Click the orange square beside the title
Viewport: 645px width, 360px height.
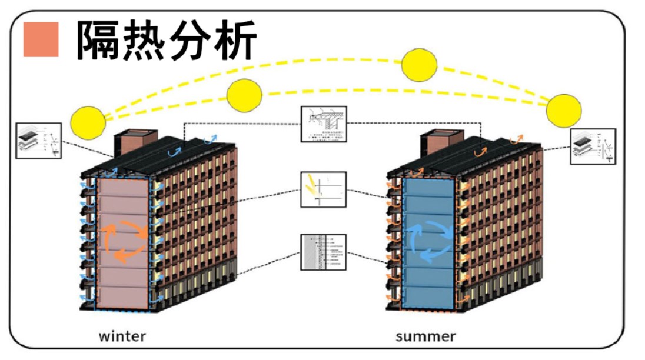click(x=41, y=39)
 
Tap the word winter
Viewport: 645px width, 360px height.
click(x=122, y=336)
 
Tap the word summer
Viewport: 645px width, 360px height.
click(x=425, y=336)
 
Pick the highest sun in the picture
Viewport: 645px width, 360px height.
click(x=420, y=65)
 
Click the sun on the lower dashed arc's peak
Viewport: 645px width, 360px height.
click(x=244, y=95)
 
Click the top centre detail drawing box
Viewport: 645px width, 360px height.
click(x=324, y=124)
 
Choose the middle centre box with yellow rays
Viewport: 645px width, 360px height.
click(x=324, y=189)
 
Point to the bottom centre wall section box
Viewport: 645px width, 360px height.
click(x=324, y=252)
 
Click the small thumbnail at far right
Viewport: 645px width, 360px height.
click(x=593, y=147)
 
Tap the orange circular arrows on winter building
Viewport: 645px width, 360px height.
click(x=125, y=239)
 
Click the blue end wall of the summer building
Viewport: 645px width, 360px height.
click(x=428, y=276)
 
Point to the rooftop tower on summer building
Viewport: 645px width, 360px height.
click(x=438, y=143)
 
